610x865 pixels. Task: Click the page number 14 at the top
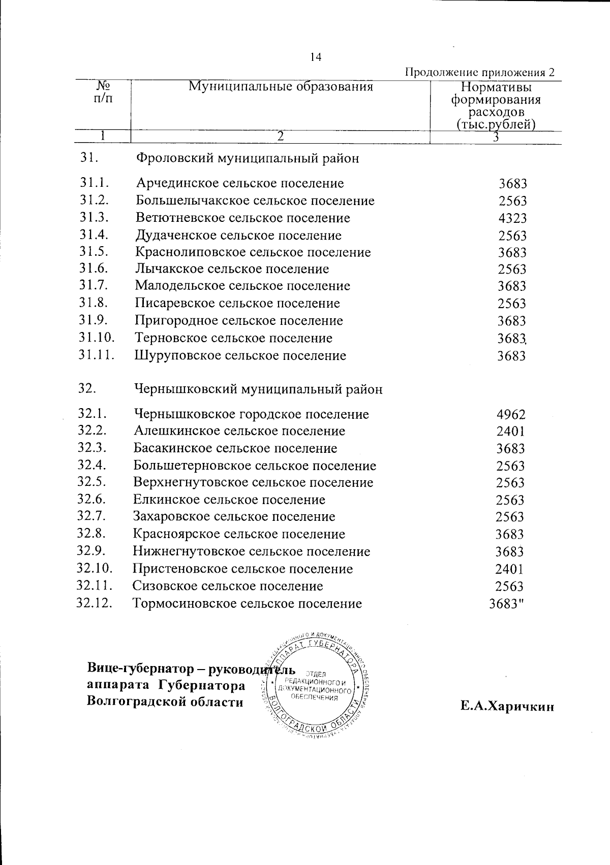(316, 57)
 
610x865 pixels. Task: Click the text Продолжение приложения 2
(479, 72)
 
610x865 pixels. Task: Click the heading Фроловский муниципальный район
(248, 158)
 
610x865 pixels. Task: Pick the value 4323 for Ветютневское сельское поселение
(512, 218)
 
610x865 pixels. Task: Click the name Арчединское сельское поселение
(240, 183)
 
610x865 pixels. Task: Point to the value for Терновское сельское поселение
(512, 339)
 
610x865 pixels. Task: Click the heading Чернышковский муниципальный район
(258, 389)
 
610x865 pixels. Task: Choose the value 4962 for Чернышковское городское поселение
(511, 414)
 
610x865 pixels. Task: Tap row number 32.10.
(95, 569)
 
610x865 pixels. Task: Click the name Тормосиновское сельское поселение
(248, 604)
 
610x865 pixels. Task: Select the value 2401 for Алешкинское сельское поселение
(510, 431)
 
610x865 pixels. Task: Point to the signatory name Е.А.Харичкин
(507, 707)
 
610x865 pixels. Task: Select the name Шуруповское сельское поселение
(240, 355)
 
